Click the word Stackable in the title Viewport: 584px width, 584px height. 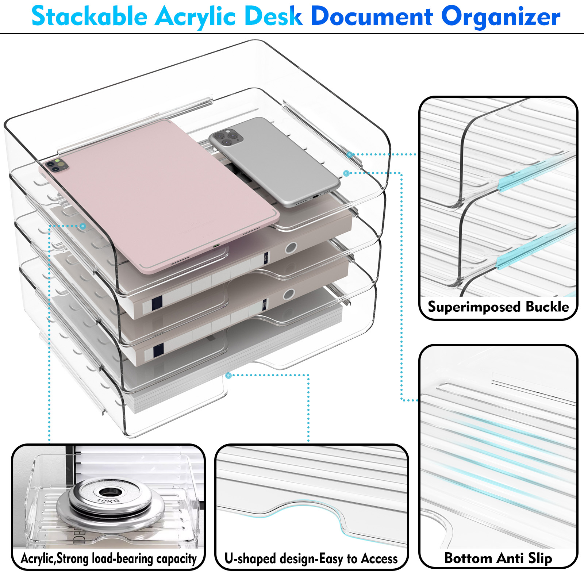click(x=89, y=16)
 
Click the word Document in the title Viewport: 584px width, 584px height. click(x=372, y=16)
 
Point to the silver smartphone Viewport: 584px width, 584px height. click(x=274, y=161)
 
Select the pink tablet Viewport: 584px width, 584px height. click(x=161, y=197)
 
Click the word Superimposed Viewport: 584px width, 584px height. click(x=474, y=307)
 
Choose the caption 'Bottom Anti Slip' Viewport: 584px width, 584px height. click(x=498, y=558)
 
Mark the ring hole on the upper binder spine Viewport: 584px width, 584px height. click(x=291, y=248)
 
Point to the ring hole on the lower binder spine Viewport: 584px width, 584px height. click(x=289, y=294)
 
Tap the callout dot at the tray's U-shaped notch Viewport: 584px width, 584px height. click(x=228, y=375)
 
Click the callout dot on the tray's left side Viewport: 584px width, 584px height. click(x=83, y=226)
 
